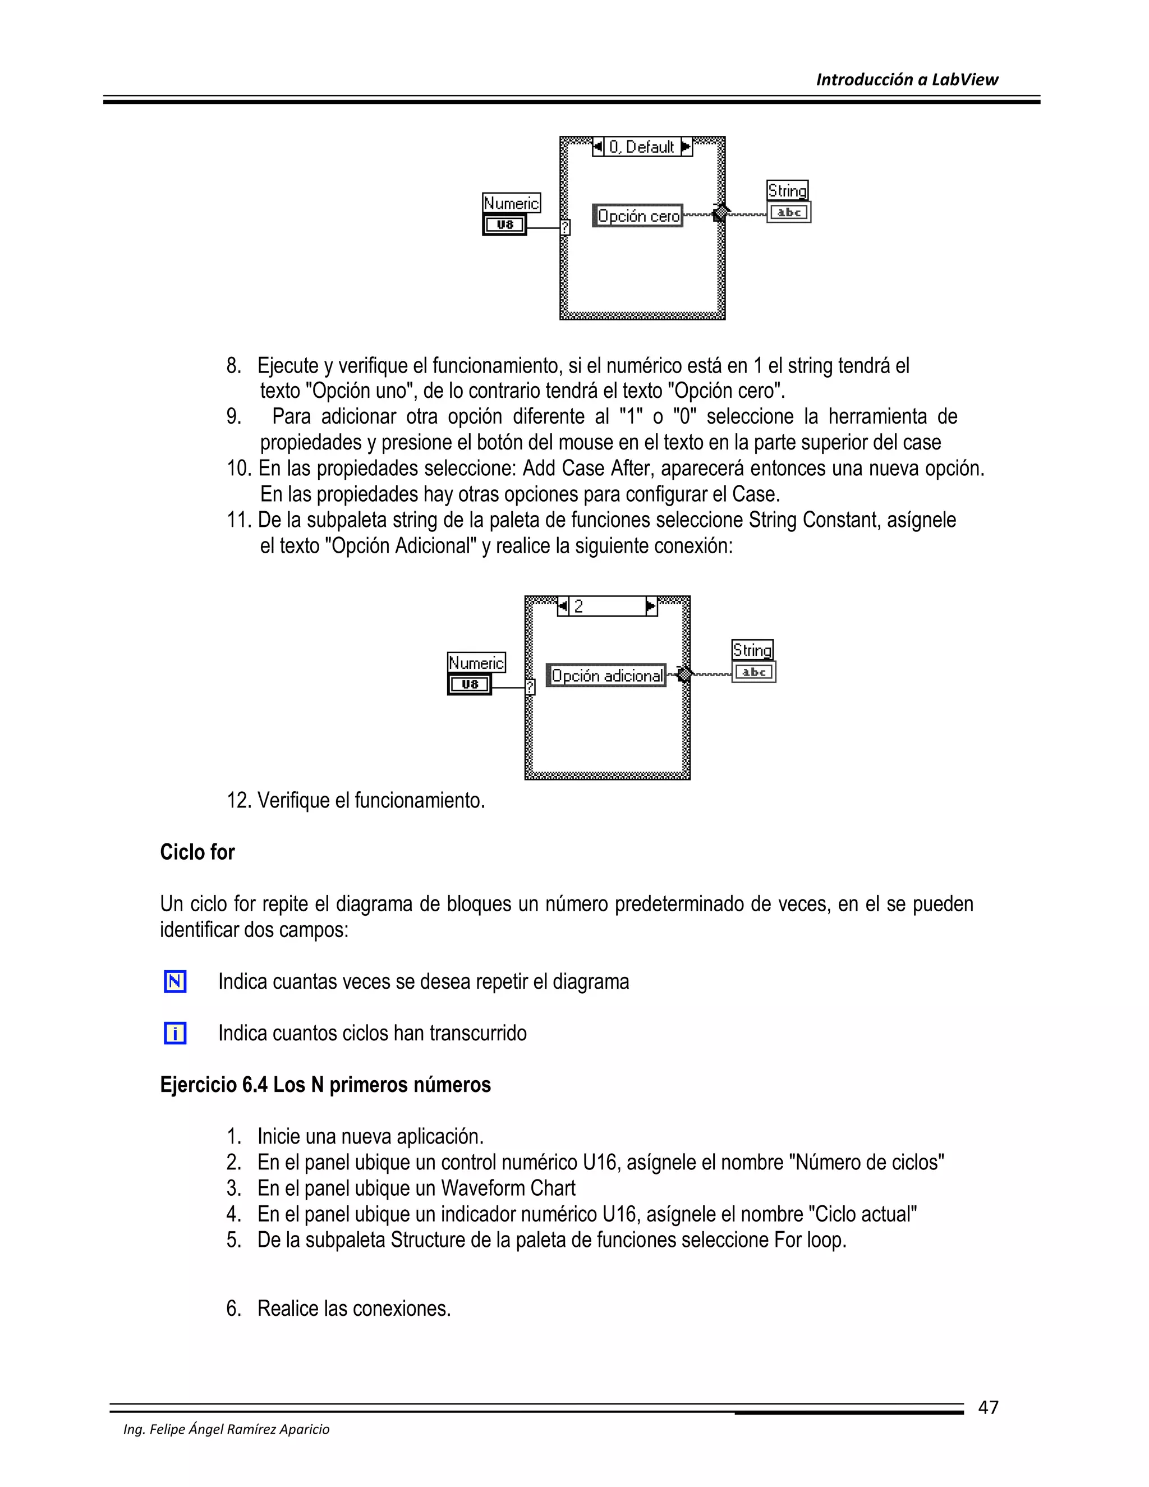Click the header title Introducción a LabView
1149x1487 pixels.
907,80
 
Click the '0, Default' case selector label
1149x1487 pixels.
641,147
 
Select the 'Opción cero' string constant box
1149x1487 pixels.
638,216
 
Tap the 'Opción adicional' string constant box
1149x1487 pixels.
606,676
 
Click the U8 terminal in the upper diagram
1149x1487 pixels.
504,224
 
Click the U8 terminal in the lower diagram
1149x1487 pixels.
469,684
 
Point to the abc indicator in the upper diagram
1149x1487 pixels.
789,213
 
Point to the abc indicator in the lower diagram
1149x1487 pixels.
753,672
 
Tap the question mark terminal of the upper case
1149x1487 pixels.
565,227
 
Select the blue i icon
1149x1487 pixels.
175,1033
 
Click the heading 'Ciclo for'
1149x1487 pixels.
197,852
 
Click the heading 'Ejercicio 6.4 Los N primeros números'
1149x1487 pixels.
325,1085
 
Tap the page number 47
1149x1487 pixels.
987,1407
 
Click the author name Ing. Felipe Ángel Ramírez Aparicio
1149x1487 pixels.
226,1429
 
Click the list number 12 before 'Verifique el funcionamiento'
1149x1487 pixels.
238,800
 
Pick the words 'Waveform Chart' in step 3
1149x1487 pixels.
508,1188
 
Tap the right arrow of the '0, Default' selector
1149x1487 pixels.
686,146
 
